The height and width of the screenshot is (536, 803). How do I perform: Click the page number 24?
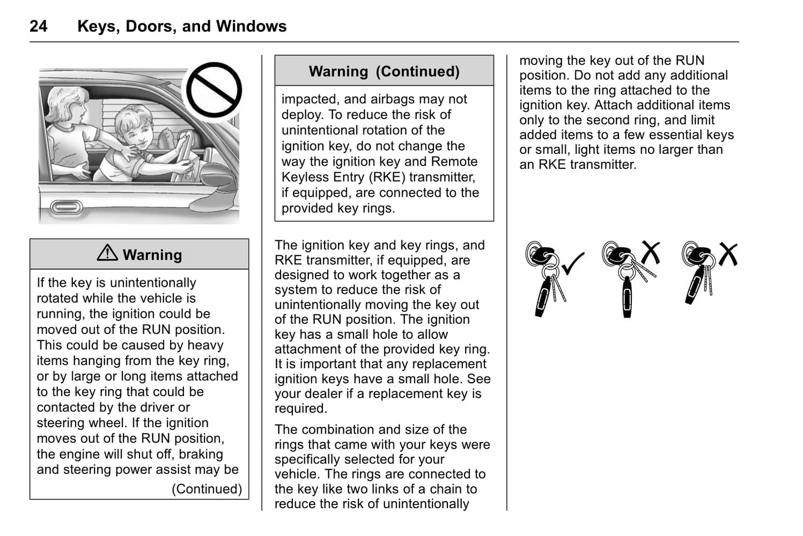[x=38, y=26]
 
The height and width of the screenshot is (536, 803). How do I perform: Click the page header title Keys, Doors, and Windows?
[x=182, y=26]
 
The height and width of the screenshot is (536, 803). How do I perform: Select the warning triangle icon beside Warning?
[x=107, y=253]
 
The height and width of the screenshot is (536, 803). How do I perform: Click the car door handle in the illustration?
[x=66, y=207]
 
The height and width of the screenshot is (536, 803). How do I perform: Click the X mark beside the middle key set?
[x=650, y=252]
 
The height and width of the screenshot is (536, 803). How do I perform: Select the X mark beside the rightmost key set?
[x=727, y=254]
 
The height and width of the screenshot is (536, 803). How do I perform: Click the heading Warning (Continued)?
[x=384, y=72]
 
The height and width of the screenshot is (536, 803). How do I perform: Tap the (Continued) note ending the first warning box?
[x=207, y=489]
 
